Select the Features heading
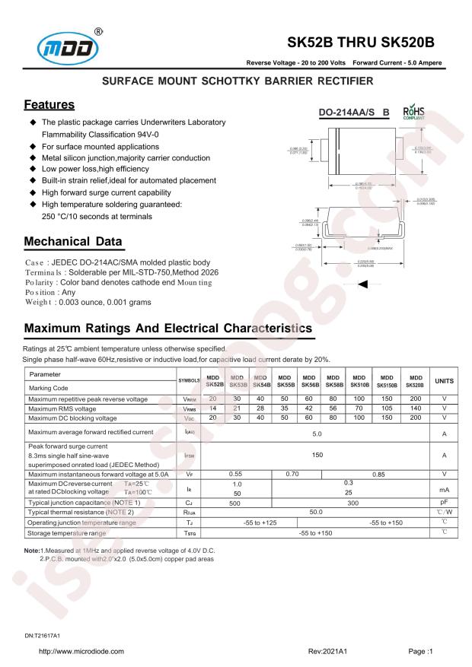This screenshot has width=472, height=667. [x=49, y=104]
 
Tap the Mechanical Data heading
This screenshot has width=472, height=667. [x=72, y=242]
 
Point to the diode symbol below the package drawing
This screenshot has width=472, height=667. [x=364, y=284]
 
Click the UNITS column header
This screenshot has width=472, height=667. [x=444, y=380]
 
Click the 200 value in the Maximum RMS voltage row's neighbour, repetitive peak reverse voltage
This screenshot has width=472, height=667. [x=415, y=399]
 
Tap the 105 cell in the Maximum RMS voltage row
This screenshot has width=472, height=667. [x=387, y=408]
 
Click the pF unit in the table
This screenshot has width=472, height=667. [x=444, y=503]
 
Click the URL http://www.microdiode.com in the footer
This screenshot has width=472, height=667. [x=81, y=652]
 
